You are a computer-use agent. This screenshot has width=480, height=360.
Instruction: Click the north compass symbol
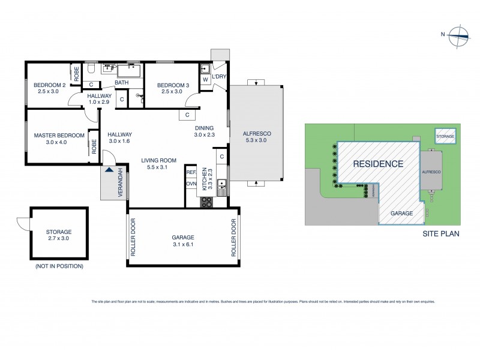(x=460, y=34)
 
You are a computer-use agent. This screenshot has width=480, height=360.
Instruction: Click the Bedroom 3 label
(x=173, y=85)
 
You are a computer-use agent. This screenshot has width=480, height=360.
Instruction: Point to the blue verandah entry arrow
(x=108, y=170)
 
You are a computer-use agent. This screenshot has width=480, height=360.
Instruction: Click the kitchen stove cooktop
(x=207, y=202)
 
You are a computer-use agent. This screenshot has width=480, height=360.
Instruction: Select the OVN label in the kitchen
(x=191, y=184)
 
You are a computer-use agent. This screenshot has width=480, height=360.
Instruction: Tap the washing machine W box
(x=205, y=79)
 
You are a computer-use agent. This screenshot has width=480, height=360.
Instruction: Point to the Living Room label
(x=158, y=160)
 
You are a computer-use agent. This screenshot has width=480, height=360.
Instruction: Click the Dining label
(x=205, y=128)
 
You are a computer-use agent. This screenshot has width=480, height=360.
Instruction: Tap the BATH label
(x=122, y=83)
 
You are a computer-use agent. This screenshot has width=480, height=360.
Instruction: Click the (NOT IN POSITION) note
(x=59, y=266)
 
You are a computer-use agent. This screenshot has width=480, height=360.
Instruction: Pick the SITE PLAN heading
(x=440, y=234)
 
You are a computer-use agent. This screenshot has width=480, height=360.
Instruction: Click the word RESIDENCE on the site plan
(x=377, y=163)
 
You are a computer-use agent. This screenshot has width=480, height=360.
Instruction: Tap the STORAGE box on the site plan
(x=445, y=137)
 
